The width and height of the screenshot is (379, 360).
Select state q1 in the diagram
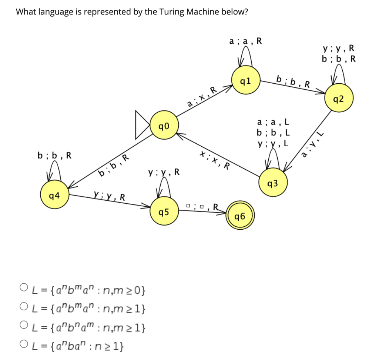(x=245, y=81)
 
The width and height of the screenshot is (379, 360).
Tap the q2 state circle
(x=338, y=99)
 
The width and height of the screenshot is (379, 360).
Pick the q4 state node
(x=54, y=195)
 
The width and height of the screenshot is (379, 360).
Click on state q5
(x=164, y=212)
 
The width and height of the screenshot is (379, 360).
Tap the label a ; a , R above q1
(x=245, y=41)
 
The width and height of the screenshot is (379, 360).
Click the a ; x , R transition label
(x=202, y=98)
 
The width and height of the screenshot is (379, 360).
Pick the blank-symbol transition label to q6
(x=202, y=206)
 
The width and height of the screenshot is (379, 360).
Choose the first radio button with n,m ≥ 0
(x=24, y=287)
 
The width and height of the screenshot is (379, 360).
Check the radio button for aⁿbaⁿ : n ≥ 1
(x=24, y=346)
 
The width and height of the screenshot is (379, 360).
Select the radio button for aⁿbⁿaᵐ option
(x=24, y=327)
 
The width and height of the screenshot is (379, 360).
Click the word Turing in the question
(x=172, y=12)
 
